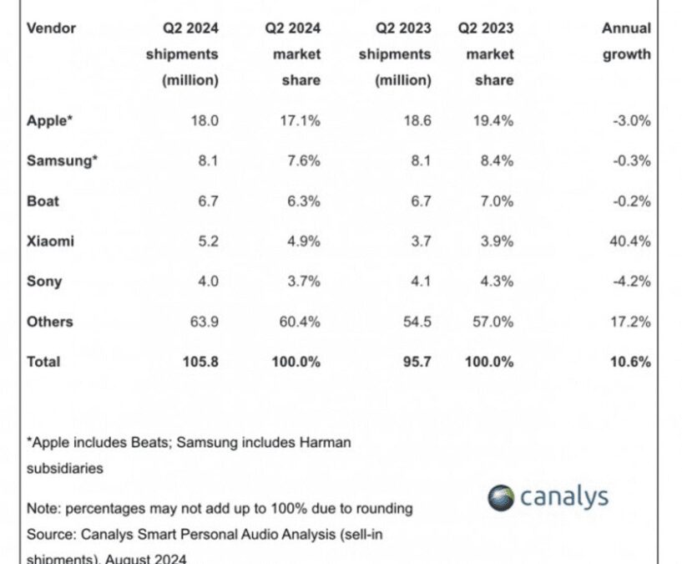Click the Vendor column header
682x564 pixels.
click(51, 28)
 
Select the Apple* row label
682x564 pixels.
click(49, 120)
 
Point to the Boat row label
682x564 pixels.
click(43, 201)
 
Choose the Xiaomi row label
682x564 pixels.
click(50, 241)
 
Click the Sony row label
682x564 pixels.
click(44, 282)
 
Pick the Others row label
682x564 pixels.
click(49, 322)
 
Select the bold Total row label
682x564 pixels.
click(43, 362)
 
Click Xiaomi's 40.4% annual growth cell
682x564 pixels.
click(630, 241)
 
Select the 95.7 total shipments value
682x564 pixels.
click(415, 362)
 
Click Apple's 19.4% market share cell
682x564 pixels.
click(493, 120)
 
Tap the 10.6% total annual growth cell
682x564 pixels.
click(630, 362)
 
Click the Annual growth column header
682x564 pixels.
click(626, 41)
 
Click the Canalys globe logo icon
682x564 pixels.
click(501, 498)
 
